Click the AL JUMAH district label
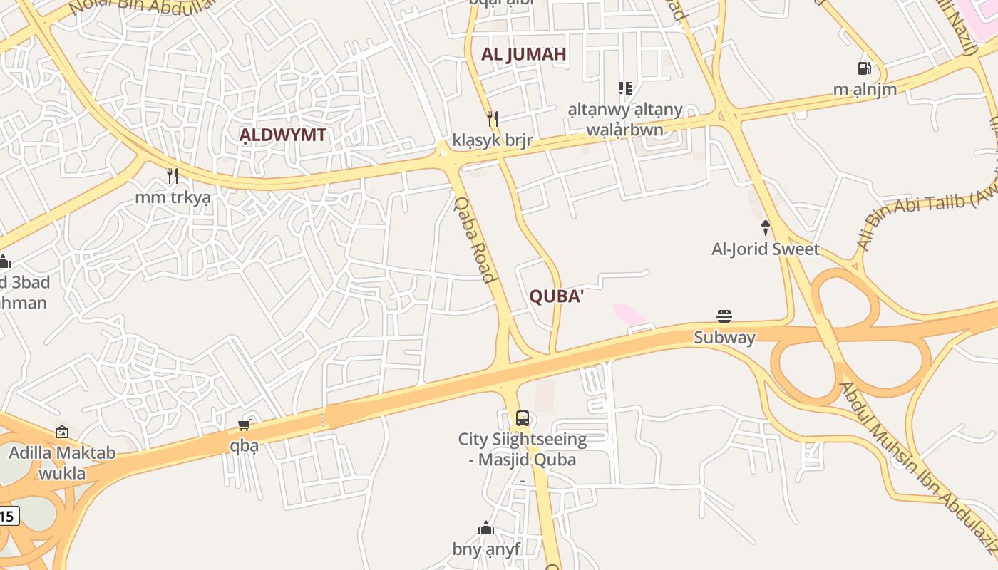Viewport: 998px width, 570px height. pyautogui.click(x=523, y=54)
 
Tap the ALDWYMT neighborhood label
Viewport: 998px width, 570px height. pyautogui.click(x=282, y=135)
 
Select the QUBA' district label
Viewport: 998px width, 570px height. pyautogui.click(x=556, y=296)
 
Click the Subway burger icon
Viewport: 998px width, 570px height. pyautogui.click(x=724, y=316)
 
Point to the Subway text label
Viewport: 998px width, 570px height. pyautogui.click(x=724, y=337)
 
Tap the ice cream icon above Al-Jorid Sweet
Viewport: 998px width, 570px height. pyautogui.click(x=766, y=228)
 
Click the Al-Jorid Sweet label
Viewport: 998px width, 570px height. pyautogui.click(x=766, y=249)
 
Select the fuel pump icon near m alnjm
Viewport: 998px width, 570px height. pyautogui.click(x=865, y=68)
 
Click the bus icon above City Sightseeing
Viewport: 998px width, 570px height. pyautogui.click(x=523, y=418)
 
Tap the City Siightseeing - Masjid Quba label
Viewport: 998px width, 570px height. pyautogui.click(x=523, y=449)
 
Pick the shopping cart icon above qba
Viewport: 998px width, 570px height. pyautogui.click(x=244, y=425)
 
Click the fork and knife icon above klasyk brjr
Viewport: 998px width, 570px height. pyautogui.click(x=492, y=118)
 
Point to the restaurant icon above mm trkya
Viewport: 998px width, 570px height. pyautogui.click(x=172, y=175)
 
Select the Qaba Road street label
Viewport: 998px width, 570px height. pyautogui.click(x=475, y=239)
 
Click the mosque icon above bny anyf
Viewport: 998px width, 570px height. pyautogui.click(x=486, y=528)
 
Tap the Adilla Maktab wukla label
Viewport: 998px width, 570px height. pyautogui.click(x=62, y=462)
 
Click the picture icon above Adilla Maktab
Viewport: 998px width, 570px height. pyautogui.click(x=62, y=432)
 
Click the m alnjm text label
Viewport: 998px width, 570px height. pyautogui.click(x=865, y=90)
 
